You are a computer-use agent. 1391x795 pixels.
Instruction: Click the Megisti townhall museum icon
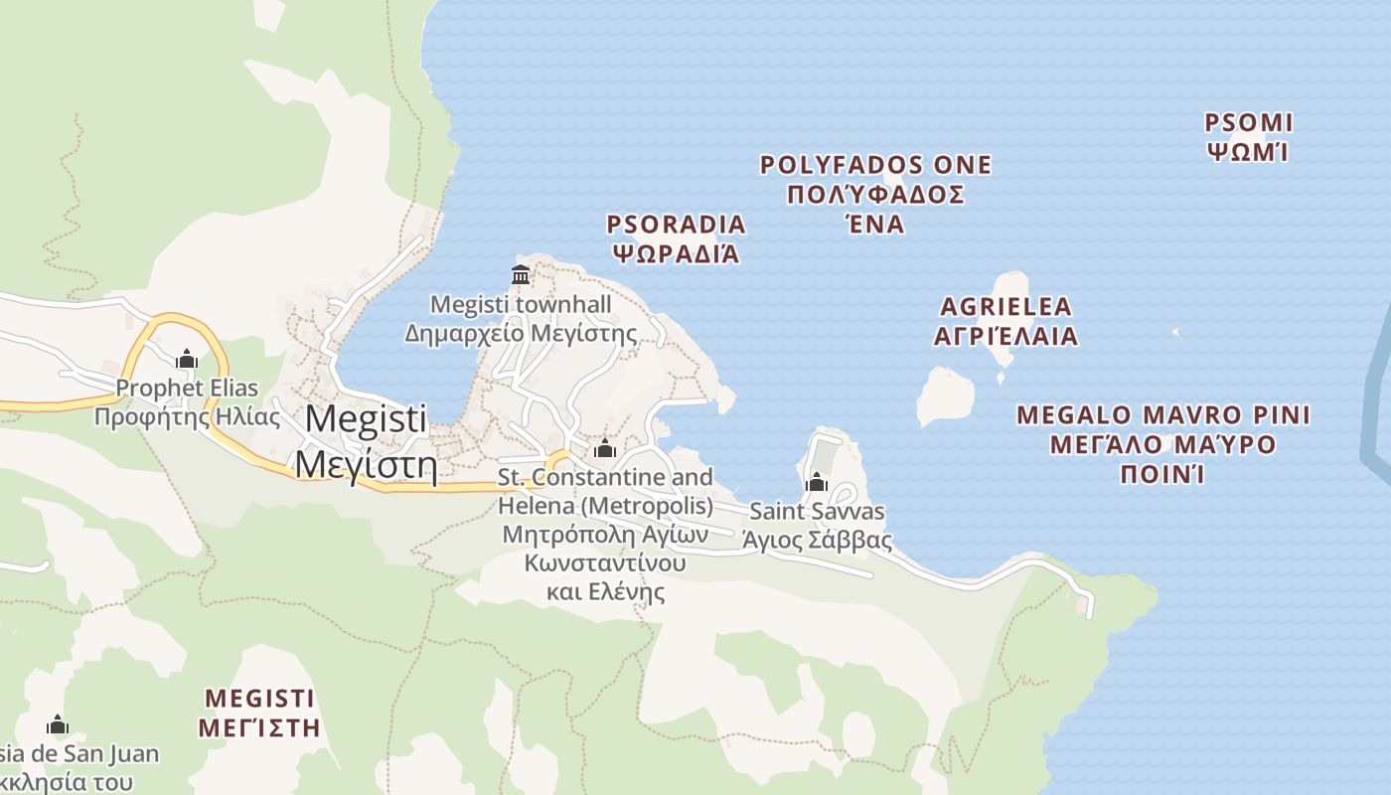pos(520,274)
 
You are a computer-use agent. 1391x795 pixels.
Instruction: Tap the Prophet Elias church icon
pos(186,359)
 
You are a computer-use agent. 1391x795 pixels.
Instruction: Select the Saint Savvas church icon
pos(817,483)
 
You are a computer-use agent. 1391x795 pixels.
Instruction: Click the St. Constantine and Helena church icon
pos(604,449)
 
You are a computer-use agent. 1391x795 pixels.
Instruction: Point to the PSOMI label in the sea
pos(1248,123)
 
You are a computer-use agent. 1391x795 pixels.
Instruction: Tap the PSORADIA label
pos(676,225)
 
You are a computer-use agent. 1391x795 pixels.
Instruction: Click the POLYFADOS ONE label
pos(875,165)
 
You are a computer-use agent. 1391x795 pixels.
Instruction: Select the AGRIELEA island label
pos(1005,306)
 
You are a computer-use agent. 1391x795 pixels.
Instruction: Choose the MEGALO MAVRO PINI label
pos(1163,415)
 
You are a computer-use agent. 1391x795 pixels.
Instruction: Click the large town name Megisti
pos(366,418)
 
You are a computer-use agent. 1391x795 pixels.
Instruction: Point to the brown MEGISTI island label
pos(258,698)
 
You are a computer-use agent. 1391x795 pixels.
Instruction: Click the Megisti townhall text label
pos(521,304)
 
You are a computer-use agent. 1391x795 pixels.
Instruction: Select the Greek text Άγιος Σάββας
pos(817,542)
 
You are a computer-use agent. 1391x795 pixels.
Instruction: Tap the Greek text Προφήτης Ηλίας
pos(187,416)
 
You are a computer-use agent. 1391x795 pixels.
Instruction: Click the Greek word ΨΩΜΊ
pos(1248,153)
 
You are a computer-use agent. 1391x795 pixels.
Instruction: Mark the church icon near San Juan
pos(58,724)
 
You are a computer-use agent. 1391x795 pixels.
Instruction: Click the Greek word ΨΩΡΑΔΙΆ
pos(676,253)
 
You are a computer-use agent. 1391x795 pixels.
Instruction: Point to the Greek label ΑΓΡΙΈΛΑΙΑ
pos(1005,336)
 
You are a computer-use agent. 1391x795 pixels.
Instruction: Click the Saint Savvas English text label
pos(817,513)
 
